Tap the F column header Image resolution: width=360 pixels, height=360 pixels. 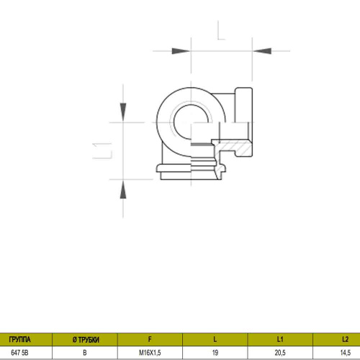pos(149,338)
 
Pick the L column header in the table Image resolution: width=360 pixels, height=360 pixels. pos(215,338)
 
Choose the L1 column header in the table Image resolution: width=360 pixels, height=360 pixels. pos(280,338)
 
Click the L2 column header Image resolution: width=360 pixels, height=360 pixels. pos(344,338)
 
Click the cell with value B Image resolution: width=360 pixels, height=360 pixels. pos(84,353)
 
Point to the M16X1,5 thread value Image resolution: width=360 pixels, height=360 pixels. pos(149,353)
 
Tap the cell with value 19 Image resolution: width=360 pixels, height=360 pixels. pos(215,353)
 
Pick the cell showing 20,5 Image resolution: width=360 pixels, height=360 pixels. pos(280,353)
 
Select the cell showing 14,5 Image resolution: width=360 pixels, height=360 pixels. pos(344,353)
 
